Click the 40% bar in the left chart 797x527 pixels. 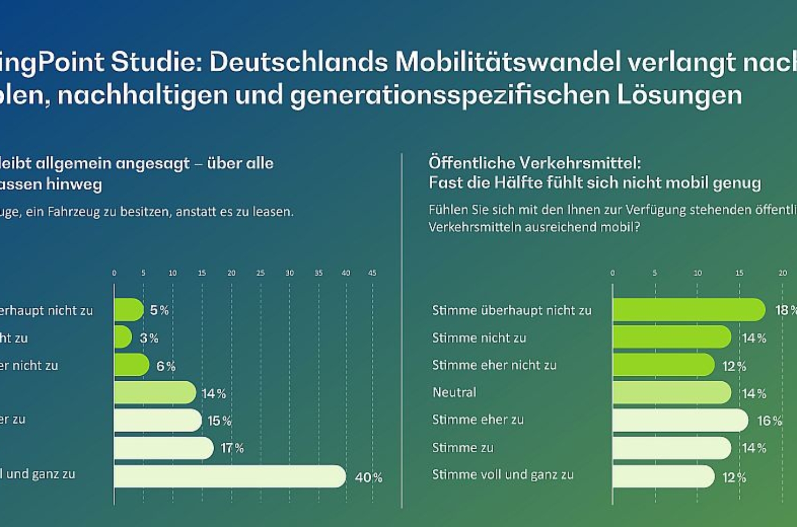coord(230,476)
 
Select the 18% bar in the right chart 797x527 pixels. coord(688,310)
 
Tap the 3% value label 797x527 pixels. coord(149,338)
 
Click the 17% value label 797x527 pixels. coord(232,448)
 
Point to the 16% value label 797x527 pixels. coord(769,421)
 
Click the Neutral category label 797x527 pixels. coord(454,392)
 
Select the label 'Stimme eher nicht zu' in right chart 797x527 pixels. coord(494,365)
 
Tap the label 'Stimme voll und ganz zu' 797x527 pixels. coord(502,475)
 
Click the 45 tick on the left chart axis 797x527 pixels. coord(372,273)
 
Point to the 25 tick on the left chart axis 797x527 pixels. coord(260,273)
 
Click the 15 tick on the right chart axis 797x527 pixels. coord(739,273)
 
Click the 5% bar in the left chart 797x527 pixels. coord(128,310)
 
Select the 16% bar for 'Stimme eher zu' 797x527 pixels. coord(680,420)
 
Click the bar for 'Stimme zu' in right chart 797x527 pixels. coord(671,448)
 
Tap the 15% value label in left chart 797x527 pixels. coord(219,421)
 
